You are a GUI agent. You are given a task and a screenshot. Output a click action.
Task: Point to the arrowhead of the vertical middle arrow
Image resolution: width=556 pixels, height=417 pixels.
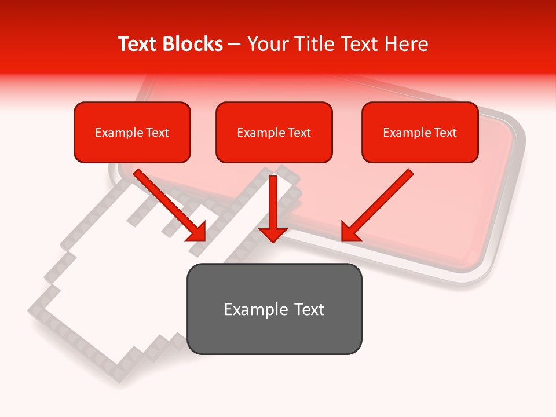click(x=273, y=233)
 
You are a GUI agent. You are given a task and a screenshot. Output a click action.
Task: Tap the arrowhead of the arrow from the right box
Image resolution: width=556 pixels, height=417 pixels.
click(x=349, y=232)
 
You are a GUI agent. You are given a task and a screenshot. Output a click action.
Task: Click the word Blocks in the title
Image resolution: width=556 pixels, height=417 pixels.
click(x=192, y=44)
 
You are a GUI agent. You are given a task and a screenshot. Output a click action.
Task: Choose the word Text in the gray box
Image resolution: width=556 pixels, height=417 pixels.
click(x=309, y=309)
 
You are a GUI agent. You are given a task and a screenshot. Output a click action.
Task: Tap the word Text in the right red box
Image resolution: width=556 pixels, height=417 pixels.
click(x=445, y=133)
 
